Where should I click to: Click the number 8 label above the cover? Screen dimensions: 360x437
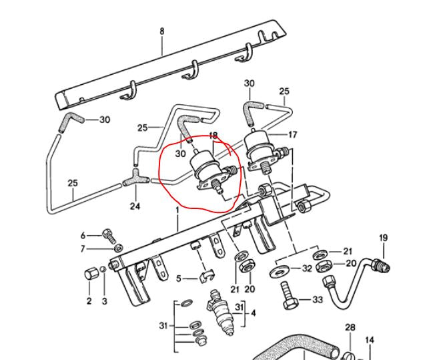[x=161, y=31]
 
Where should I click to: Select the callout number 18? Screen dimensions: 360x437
[x=213, y=136]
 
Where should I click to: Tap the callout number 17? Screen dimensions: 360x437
[x=292, y=135]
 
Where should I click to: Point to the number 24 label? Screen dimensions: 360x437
[x=135, y=206]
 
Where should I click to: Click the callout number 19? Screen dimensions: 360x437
[x=383, y=238]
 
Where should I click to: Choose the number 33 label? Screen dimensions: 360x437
[x=318, y=300]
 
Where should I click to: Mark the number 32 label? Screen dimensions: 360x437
[x=307, y=268]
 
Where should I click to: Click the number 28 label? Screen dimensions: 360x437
[x=350, y=327]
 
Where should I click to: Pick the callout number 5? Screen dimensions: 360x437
[x=178, y=278]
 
